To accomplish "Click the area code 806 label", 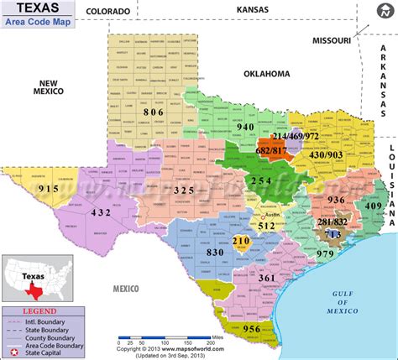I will coord(154,111).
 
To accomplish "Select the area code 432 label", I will coord(102,213).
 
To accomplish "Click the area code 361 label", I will coord(267,278).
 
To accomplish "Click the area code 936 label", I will coord(337,199).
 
